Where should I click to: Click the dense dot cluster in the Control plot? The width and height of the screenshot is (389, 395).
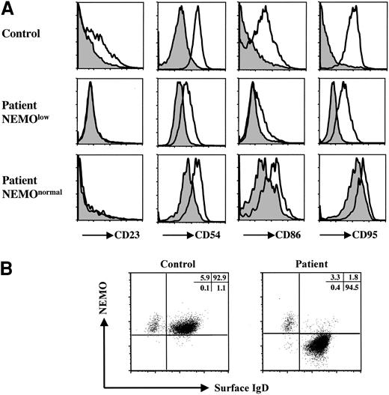pyautogui.click(x=194, y=327)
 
